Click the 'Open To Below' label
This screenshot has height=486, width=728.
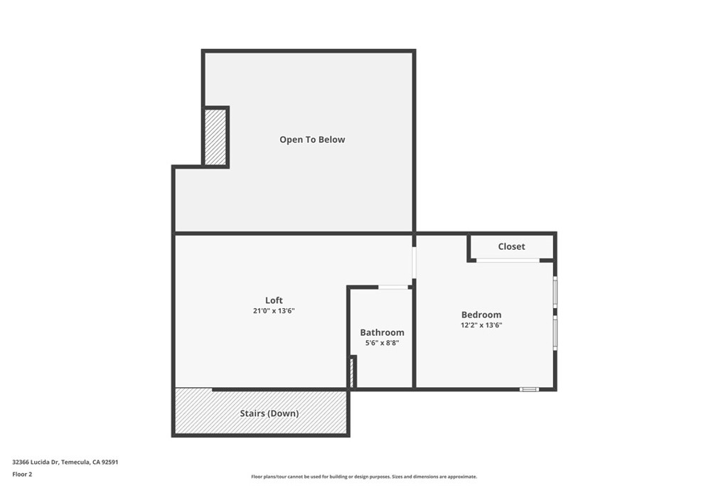click(312, 139)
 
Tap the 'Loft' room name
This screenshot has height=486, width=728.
click(274, 300)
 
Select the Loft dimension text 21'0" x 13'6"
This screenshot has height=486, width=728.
click(274, 311)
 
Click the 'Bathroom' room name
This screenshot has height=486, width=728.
click(382, 332)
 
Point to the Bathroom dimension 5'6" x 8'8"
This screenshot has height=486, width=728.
click(382, 343)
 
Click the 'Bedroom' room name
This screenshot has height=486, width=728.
click(481, 315)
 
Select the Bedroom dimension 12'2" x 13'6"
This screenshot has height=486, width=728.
click(481, 325)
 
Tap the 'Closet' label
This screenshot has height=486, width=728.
click(511, 246)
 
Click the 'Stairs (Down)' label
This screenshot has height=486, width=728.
click(268, 413)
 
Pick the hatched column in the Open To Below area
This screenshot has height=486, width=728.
click(215, 137)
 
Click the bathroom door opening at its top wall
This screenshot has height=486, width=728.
click(393, 287)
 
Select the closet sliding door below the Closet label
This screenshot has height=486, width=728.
click(508, 260)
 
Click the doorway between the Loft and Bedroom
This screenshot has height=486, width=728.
click(414, 263)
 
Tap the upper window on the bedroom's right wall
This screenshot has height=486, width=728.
click(555, 292)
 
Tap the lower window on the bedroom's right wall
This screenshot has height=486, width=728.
click(555, 333)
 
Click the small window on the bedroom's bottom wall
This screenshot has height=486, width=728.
click(529, 389)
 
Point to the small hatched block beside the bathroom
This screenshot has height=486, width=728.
click(351, 371)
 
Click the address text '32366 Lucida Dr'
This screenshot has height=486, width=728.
click(36, 462)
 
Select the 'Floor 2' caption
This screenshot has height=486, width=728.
click(22, 474)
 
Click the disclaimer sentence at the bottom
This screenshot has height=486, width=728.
click(364, 477)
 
